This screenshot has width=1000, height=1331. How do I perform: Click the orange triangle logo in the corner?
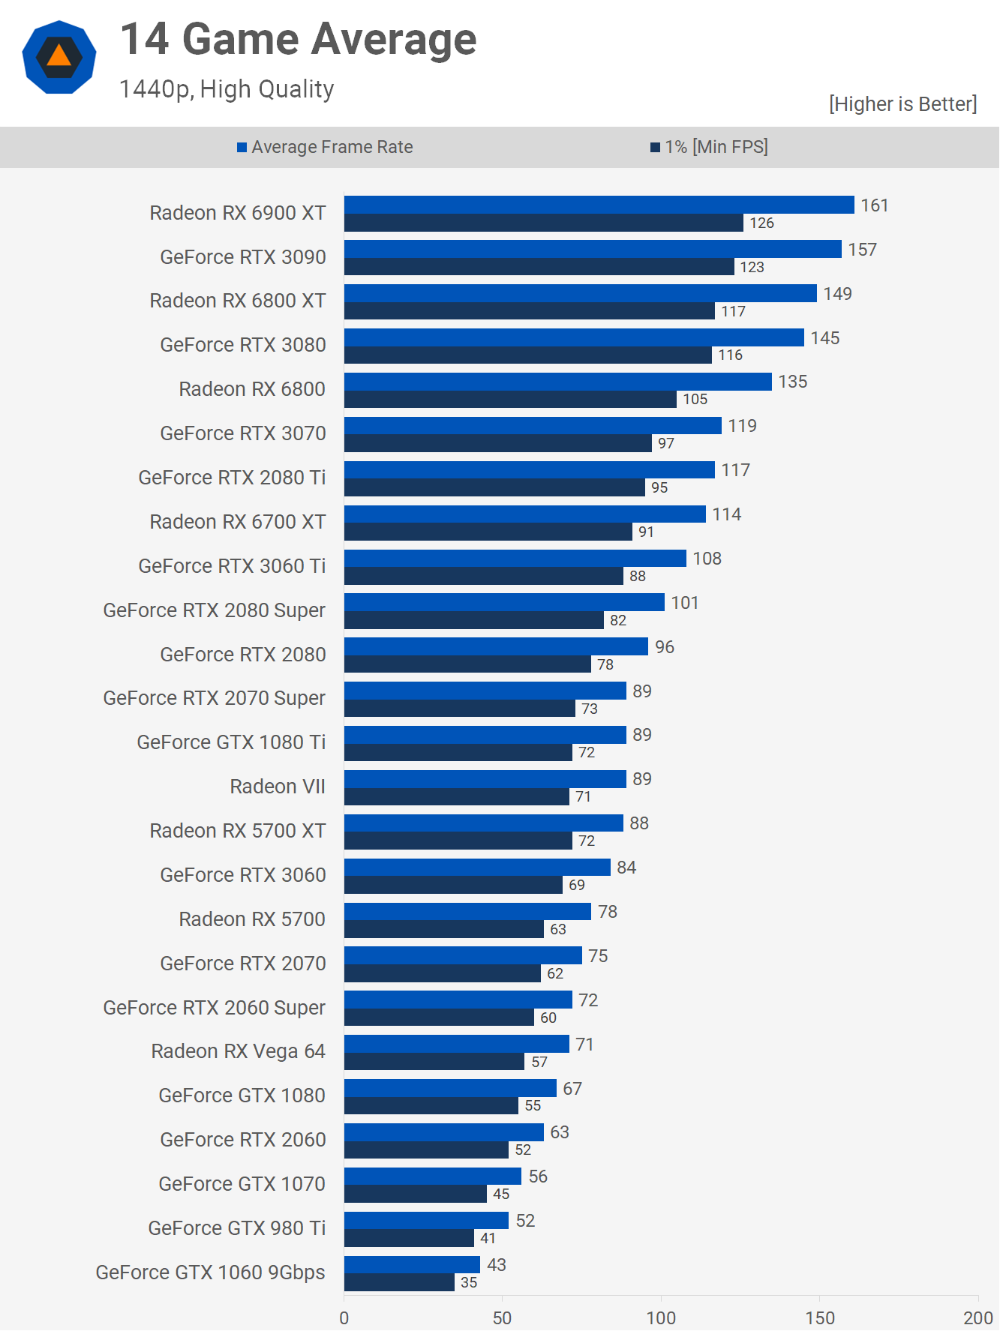click(x=59, y=57)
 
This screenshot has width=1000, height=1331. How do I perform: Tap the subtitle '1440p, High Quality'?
click(x=227, y=89)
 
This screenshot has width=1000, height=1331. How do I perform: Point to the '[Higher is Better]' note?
click(x=902, y=103)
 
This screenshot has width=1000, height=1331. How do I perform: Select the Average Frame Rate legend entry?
click(x=325, y=147)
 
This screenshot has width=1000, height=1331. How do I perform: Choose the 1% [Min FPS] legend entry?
click(x=709, y=147)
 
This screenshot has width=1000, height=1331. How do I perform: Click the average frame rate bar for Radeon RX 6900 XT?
click(x=599, y=205)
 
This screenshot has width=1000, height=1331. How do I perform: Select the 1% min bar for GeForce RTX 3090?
click(x=539, y=267)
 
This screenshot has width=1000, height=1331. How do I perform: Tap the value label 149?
click(x=837, y=294)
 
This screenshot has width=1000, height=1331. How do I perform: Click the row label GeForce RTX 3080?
click(x=243, y=345)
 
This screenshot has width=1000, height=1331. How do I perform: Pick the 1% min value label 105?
click(x=695, y=400)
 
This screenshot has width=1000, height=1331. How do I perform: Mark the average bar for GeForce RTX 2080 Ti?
click(x=529, y=470)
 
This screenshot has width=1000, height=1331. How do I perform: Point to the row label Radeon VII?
click(x=278, y=787)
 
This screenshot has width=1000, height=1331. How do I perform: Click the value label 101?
click(x=684, y=603)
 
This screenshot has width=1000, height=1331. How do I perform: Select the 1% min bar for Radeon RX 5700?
click(x=443, y=930)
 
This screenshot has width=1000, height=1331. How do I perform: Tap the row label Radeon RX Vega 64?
click(x=238, y=1051)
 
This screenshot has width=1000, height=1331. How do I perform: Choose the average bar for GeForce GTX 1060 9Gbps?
click(x=412, y=1265)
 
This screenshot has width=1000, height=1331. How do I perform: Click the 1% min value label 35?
click(x=469, y=1283)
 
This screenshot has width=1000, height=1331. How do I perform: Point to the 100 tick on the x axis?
click(x=661, y=1318)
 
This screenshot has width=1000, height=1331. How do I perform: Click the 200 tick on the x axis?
click(x=978, y=1318)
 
